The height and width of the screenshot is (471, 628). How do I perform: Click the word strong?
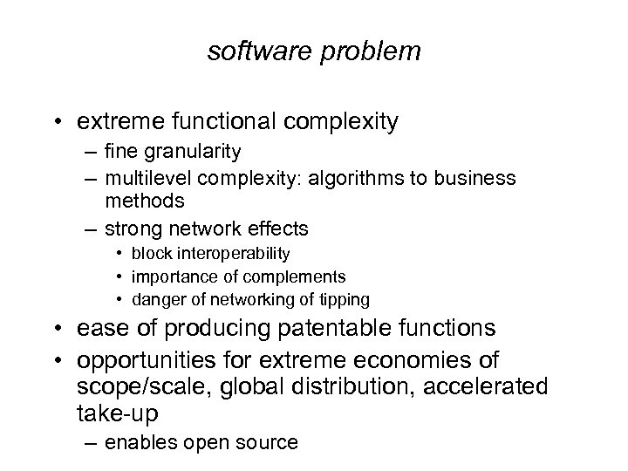coord(132,230)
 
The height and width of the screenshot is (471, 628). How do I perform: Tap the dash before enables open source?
coord(91,443)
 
